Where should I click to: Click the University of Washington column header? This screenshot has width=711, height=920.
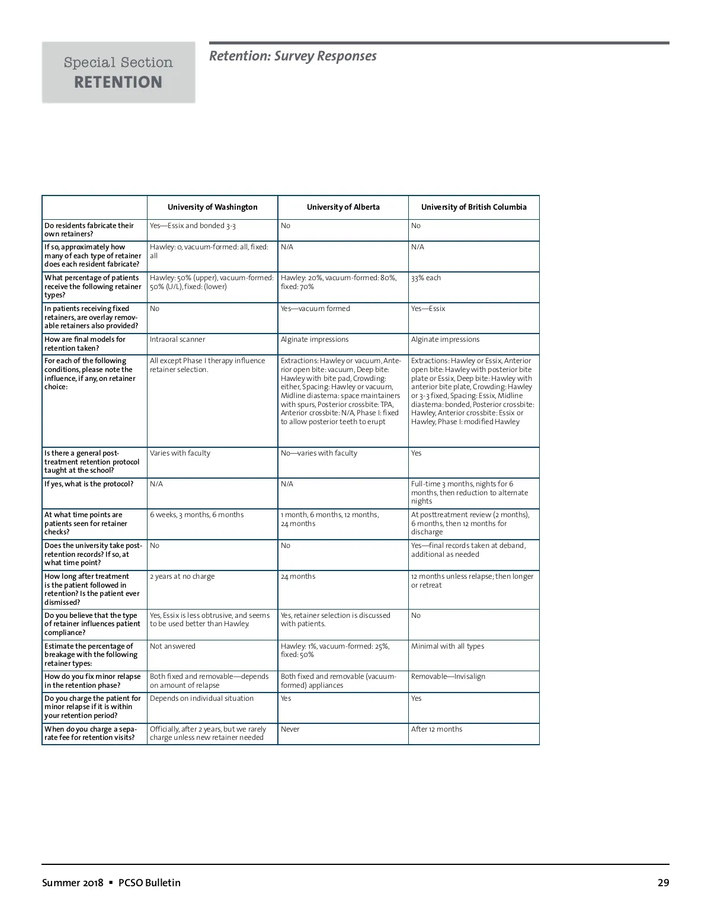point(212,207)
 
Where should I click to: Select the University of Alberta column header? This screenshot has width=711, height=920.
point(343,207)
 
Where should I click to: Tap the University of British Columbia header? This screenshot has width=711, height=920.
point(473,207)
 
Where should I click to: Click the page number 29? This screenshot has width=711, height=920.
point(663,883)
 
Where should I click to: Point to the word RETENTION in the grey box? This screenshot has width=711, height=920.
point(118,82)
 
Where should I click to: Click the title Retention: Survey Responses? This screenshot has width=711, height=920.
point(293,56)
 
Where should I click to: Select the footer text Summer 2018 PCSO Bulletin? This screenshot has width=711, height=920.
point(111,883)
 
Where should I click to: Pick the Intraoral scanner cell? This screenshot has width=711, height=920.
point(178,339)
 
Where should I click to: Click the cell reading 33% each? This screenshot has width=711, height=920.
point(426,278)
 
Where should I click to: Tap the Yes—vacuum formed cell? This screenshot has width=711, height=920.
point(315,309)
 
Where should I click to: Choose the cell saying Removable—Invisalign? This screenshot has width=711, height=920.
point(448,677)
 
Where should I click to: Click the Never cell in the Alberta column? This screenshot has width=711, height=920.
point(290,729)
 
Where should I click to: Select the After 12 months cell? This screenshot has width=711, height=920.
point(437,729)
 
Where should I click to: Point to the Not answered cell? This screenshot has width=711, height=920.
point(172,646)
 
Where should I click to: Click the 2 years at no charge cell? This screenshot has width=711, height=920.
point(182,576)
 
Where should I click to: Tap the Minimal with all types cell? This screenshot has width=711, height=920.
point(447,646)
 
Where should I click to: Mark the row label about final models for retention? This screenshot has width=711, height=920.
point(85,344)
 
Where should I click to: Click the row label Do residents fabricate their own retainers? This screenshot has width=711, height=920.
point(89,230)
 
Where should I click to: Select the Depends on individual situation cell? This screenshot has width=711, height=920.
point(201,698)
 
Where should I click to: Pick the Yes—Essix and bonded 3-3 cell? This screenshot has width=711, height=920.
point(193,226)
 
